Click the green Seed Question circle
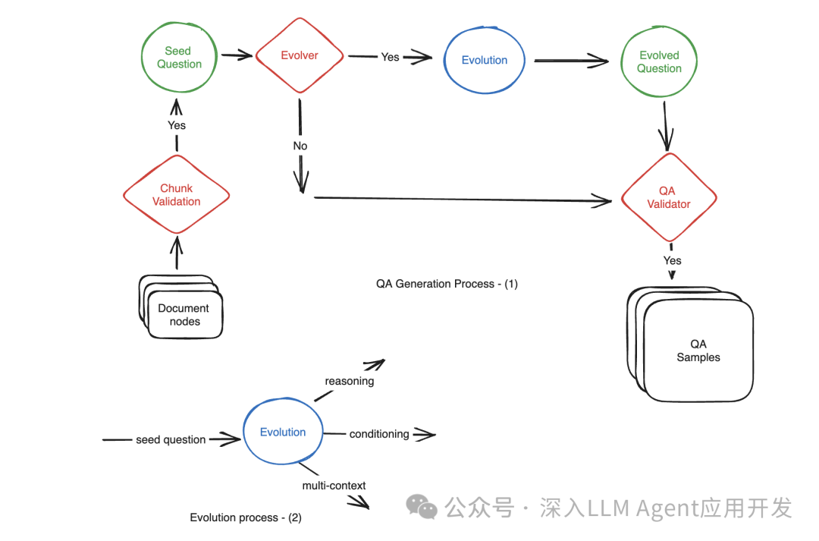pos(179,58)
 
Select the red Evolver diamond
pos(300,55)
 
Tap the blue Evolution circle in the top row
pos(485,60)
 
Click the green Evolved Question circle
pos(659,61)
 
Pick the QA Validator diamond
pos(668,197)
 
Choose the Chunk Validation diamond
pos(176,195)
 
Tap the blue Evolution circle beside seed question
pos(283,432)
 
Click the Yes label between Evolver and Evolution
pos(390,57)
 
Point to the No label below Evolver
pos(300,146)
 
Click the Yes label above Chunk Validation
pos(176,125)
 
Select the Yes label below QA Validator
pos(672,260)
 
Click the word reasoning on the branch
pos(349,381)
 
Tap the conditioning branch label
pos(379,434)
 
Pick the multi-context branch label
pos(334,485)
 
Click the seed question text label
pos(171,439)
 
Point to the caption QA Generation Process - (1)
pos(447,284)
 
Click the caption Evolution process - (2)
pos(246,517)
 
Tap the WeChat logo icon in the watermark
pos(422,506)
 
